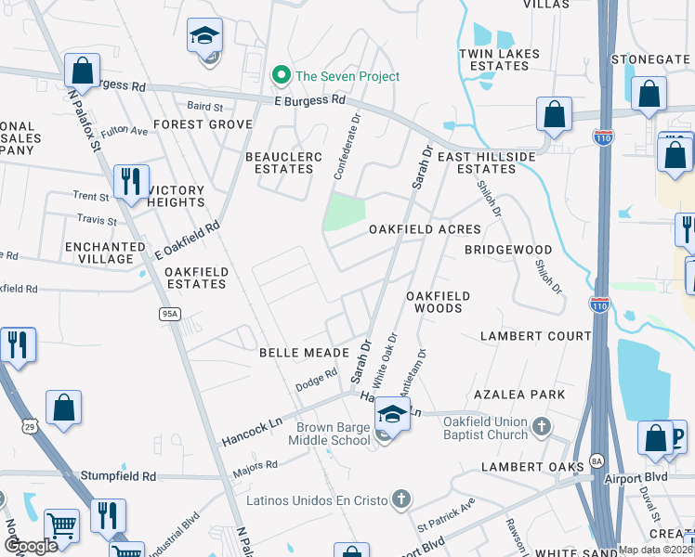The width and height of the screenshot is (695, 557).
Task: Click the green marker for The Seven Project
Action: click(x=279, y=75)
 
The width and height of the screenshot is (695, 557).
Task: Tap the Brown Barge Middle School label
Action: click(x=333, y=434)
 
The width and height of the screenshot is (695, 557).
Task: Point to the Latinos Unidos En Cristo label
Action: click(x=316, y=501)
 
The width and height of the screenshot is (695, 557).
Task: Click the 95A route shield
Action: click(x=169, y=315)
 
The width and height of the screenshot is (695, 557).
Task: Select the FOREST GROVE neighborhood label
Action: click(x=203, y=124)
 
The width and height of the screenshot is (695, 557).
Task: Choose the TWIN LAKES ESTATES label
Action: click(x=499, y=59)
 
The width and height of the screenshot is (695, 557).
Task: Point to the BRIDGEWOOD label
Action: click(x=508, y=250)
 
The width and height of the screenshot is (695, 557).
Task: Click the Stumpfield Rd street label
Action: click(x=116, y=476)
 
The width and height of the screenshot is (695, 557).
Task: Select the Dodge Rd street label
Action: click(x=315, y=381)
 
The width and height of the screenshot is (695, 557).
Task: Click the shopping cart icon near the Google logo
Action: click(x=62, y=526)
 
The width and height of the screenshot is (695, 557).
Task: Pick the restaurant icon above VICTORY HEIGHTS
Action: click(x=131, y=180)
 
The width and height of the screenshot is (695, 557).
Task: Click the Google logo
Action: click(x=31, y=546)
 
